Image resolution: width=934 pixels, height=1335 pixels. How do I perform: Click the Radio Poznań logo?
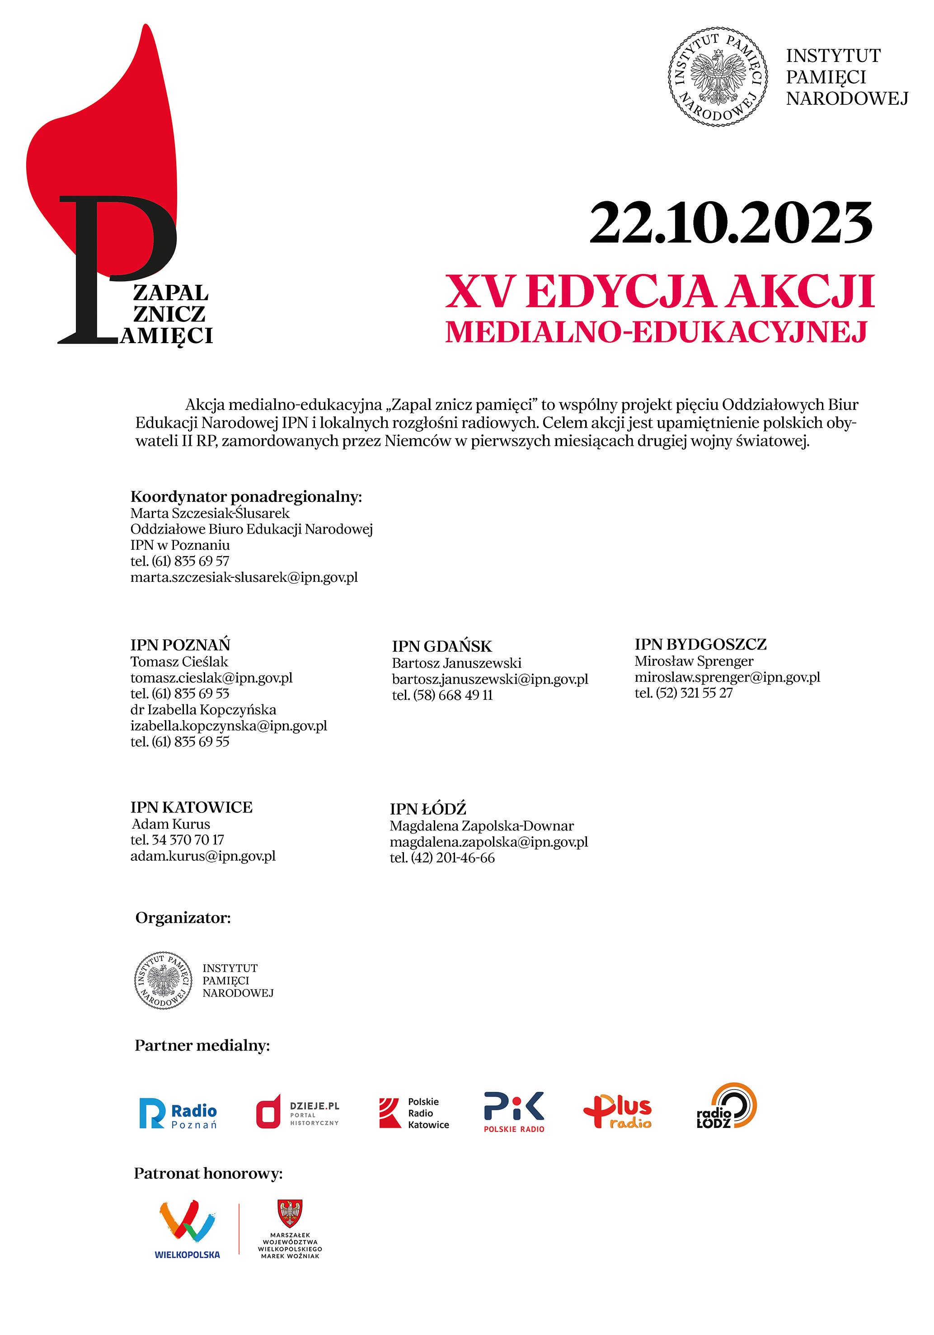(x=178, y=1113)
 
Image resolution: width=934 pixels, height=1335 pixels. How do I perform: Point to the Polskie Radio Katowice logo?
(x=414, y=1113)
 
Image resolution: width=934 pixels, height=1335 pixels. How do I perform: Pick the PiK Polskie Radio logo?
(x=514, y=1112)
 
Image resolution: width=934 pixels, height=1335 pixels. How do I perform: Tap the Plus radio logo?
(x=617, y=1112)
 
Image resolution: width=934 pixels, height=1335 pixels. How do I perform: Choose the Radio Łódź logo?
(x=727, y=1106)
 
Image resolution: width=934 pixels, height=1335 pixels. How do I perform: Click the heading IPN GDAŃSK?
(x=442, y=646)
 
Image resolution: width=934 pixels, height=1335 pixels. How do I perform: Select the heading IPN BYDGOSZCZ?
(x=700, y=644)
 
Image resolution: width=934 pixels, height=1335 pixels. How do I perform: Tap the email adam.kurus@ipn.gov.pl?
(x=203, y=856)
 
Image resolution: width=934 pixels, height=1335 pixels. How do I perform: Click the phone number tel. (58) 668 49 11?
(x=442, y=695)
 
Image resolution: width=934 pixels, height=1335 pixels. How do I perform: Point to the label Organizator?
(x=183, y=918)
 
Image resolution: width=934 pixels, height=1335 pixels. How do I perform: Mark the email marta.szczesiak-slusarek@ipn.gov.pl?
(x=244, y=577)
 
